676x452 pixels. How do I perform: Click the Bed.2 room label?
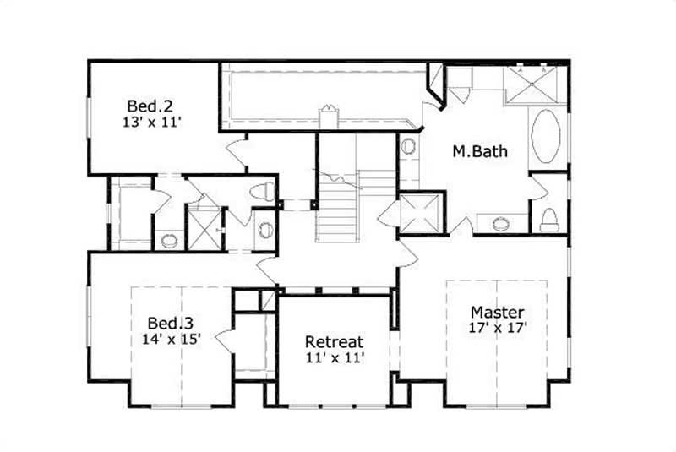[x=150, y=106]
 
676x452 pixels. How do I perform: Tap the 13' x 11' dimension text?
[x=152, y=123]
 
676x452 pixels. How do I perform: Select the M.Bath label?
[x=480, y=153]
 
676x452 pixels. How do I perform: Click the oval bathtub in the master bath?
[x=547, y=139]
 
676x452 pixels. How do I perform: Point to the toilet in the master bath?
[x=549, y=219]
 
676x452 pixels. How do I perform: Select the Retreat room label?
[x=334, y=342]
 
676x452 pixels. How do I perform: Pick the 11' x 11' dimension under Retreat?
[x=334, y=357]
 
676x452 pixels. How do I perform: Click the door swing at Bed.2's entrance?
[x=237, y=153]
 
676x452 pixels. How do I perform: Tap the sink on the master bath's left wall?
[x=409, y=146]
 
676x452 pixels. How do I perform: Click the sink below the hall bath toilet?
[x=264, y=228]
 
